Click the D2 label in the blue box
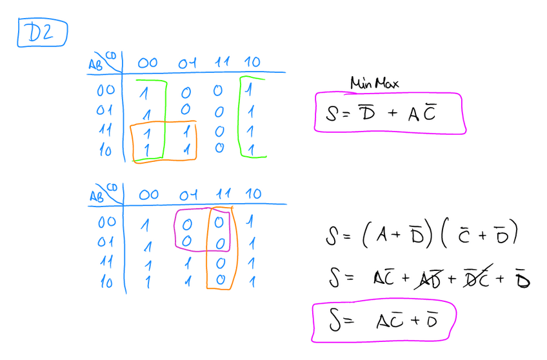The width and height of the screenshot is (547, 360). point(41,34)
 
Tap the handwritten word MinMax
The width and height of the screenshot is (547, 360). point(375,83)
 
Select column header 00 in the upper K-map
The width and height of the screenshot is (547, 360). point(148,63)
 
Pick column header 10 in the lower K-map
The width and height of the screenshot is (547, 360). point(254,194)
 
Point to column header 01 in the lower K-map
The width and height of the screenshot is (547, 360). point(188,194)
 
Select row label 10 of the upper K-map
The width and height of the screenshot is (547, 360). point(104,151)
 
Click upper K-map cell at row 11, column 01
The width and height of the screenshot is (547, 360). point(186,132)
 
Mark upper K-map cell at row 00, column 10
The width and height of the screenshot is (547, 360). point(250,90)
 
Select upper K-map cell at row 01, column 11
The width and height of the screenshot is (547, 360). point(220,112)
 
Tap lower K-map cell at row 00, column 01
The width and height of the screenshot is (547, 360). point(186,223)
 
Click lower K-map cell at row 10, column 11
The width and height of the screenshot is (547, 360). point(220,281)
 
